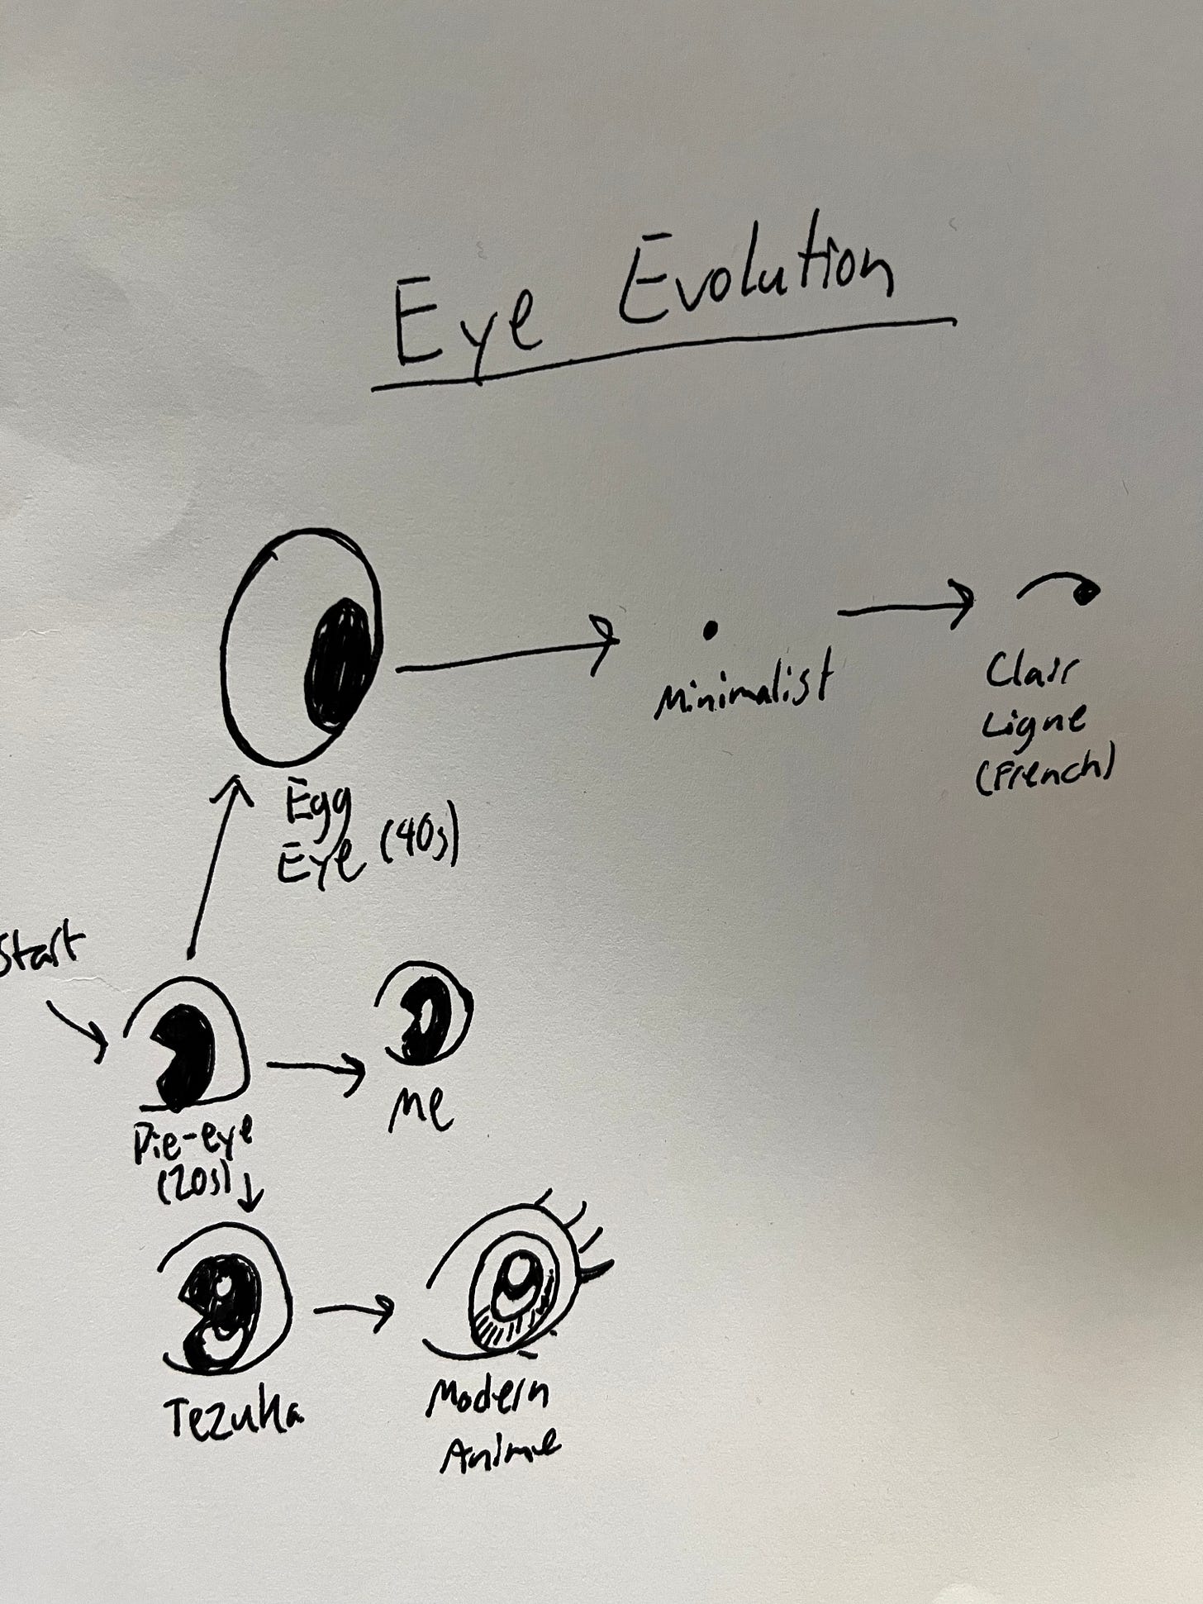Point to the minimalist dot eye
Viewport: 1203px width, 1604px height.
pyautogui.click(x=709, y=631)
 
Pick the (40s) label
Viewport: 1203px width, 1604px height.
pyautogui.click(x=418, y=849)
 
